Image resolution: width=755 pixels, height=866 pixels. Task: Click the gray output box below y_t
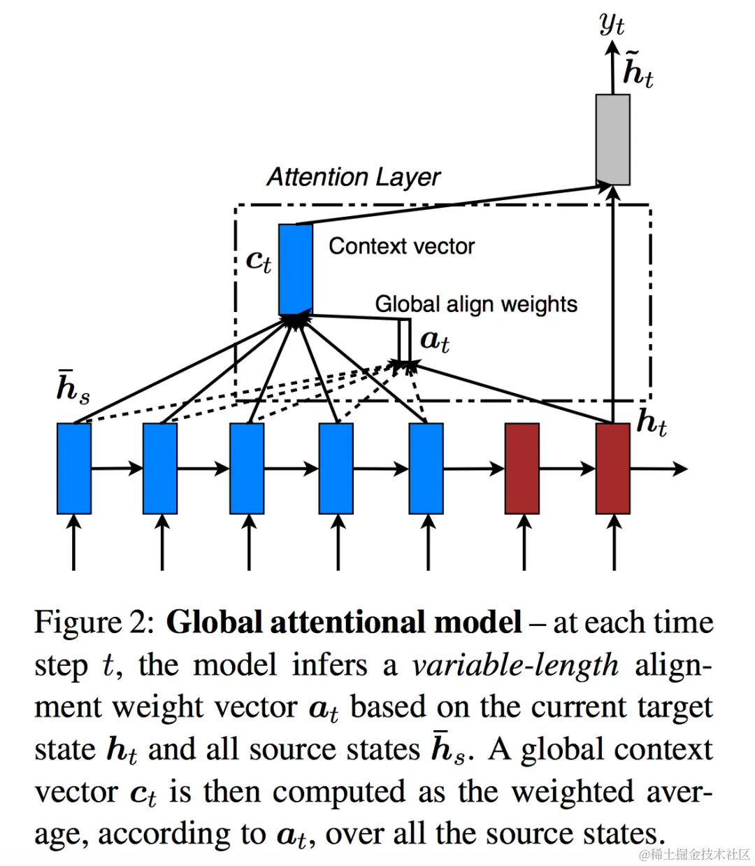tap(612, 139)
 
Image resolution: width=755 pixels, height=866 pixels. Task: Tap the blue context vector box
tap(295, 269)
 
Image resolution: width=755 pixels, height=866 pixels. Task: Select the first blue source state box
tap(73, 468)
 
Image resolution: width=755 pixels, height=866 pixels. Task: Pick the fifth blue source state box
tap(426, 468)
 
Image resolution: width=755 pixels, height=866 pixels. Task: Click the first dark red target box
tap(522, 468)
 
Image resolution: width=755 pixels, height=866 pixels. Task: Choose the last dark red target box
tap(612, 468)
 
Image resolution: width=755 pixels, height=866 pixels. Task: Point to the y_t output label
tap(612, 24)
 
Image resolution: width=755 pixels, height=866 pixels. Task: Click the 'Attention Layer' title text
tap(354, 177)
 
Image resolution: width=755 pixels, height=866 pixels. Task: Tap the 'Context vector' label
tap(401, 246)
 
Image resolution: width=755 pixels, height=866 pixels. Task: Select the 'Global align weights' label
tap(476, 304)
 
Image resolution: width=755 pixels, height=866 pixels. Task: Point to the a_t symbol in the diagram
tap(434, 341)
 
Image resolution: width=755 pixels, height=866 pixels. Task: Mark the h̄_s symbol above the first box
tap(72, 387)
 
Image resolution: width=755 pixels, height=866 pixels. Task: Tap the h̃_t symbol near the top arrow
tap(638, 70)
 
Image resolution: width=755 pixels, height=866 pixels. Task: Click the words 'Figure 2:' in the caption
tap(94, 622)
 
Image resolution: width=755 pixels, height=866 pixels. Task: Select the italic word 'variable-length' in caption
tap(515, 665)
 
